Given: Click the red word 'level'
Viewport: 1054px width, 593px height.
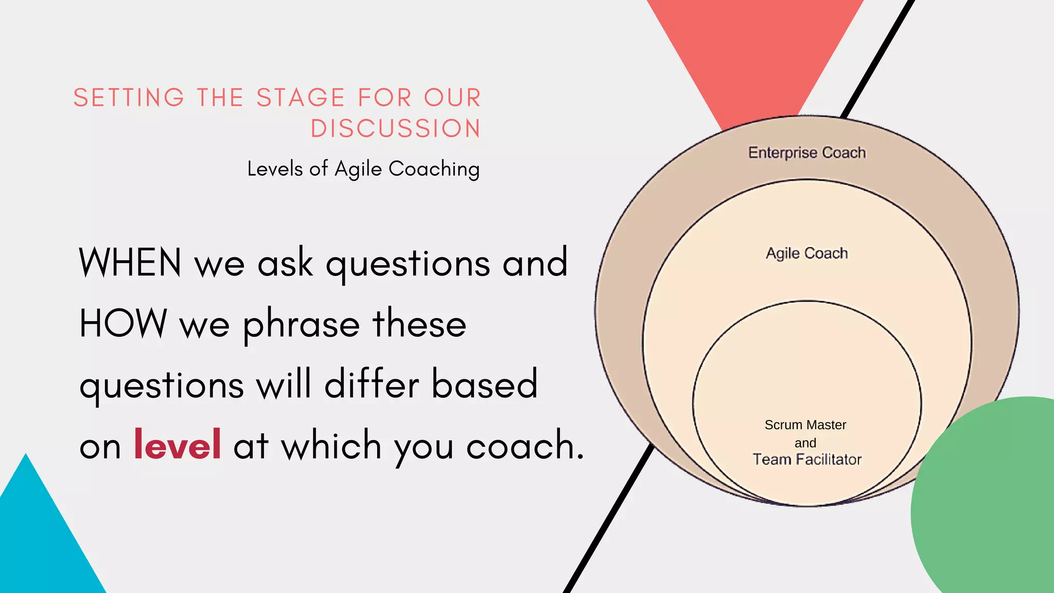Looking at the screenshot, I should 177,444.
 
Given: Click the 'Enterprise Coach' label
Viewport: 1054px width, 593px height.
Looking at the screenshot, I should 806,152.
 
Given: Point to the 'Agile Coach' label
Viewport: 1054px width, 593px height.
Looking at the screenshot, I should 806,253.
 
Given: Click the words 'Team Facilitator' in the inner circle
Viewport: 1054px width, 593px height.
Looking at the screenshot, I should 806,459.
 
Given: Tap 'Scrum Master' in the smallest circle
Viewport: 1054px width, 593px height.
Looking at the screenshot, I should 805,425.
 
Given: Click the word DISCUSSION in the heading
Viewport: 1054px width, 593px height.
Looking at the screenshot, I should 395,129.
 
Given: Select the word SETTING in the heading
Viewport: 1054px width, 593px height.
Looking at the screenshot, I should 129,98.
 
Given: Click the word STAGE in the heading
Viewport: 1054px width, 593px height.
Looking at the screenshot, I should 301,98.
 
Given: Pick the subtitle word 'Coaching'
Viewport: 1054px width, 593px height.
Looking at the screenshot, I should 434,169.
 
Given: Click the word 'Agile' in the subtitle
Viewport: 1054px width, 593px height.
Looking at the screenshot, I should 358,169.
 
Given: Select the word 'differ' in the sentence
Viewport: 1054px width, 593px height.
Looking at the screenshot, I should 372,384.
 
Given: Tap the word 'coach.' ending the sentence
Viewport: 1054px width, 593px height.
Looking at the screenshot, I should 525,445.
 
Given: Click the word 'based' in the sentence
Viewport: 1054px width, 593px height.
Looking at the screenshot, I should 484,384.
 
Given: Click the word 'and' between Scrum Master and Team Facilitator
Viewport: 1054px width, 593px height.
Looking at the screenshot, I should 805,443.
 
